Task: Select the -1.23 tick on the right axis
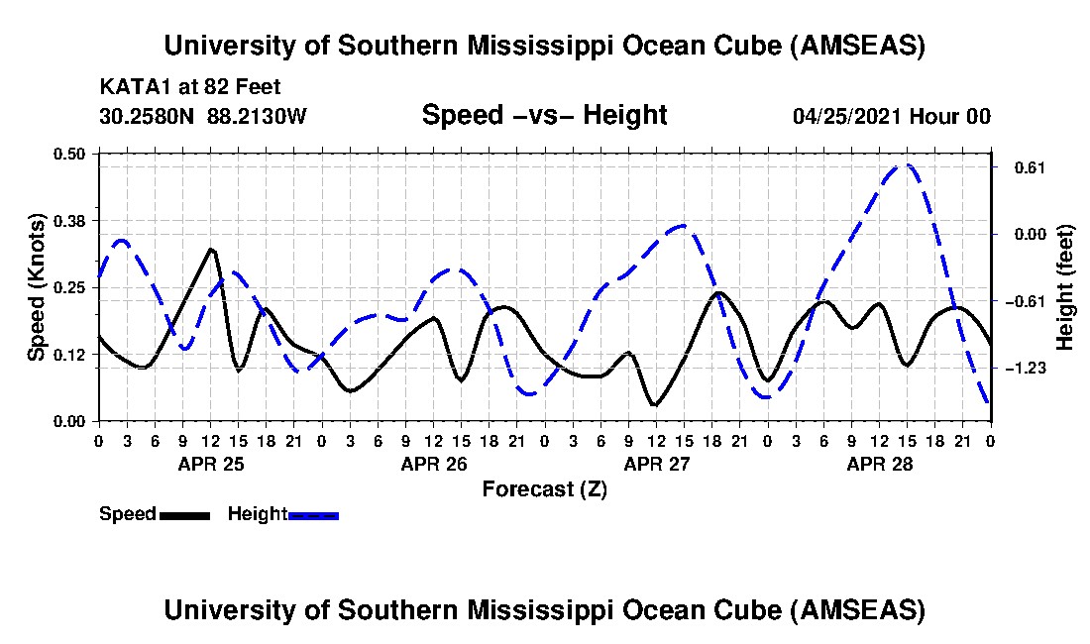[x=1023, y=369]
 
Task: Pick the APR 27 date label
[x=656, y=463]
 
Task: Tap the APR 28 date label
[x=879, y=463]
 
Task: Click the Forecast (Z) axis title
[x=544, y=488]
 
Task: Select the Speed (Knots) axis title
[x=37, y=286]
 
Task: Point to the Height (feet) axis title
[x=1066, y=287]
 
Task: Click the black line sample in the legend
[x=184, y=515]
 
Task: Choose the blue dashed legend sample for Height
[x=313, y=515]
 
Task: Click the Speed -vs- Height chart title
[x=544, y=115]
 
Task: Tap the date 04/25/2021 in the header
[x=848, y=116]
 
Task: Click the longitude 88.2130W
[x=258, y=116]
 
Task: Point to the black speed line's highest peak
[x=211, y=249]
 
